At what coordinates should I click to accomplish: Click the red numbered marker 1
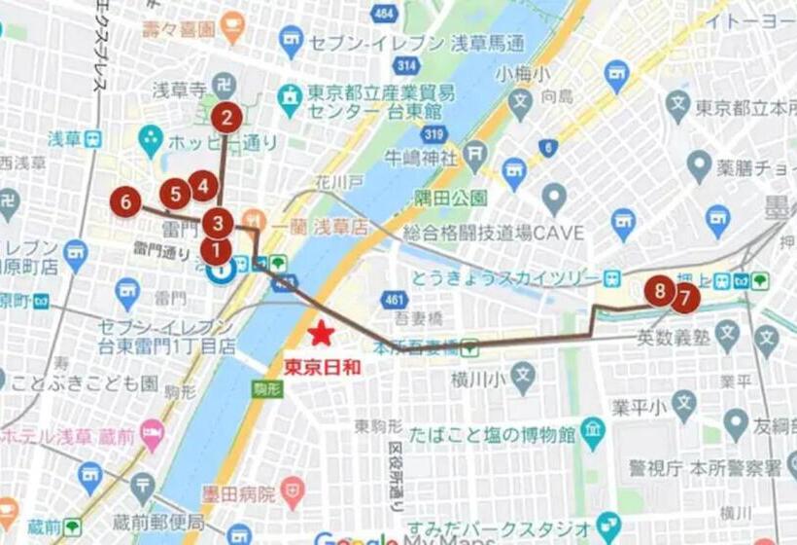(x=215, y=251)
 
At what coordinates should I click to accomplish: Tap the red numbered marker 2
(x=226, y=119)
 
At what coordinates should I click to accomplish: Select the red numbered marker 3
(x=217, y=223)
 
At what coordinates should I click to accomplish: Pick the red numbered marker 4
(x=202, y=184)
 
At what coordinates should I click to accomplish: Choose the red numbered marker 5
(x=175, y=194)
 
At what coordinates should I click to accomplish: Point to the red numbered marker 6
(x=125, y=201)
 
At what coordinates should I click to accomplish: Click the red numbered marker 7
(x=684, y=296)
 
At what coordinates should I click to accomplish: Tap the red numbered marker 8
(x=660, y=290)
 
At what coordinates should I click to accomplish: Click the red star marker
(x=321, y=335)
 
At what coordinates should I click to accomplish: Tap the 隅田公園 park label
(x=450, y=199)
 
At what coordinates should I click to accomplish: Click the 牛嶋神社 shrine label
(x=421, y=156)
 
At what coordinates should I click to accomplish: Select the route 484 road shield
(x=384, y=15)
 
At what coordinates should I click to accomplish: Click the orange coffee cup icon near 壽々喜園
(x=232, y=27)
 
